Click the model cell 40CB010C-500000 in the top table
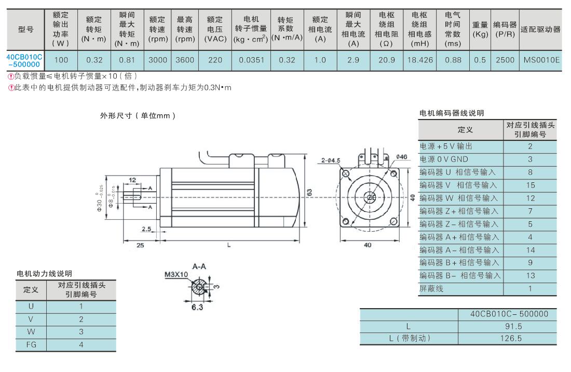click(x=25, y=60)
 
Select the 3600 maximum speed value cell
click(x=185, y=60)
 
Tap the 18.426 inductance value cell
click(x=420, y=60)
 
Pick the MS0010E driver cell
click(x=542, y=60)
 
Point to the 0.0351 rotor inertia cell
click(x=251, y=60)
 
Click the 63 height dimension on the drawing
click(x=309, y=192)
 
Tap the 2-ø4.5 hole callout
click(x=331, y=160)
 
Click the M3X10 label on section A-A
click(x=176, y=274)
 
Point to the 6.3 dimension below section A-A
click(x=197, y=307)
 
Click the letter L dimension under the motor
click(x=228, y=245)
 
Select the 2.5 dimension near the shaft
click(x=146, y=229)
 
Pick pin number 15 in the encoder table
click(x=530, y=185)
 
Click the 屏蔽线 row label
click(x=431, y=289)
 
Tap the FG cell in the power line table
click(x=32, y=344)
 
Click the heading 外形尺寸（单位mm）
click(x=138, y=116)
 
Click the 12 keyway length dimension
click(x=132, y=180)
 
